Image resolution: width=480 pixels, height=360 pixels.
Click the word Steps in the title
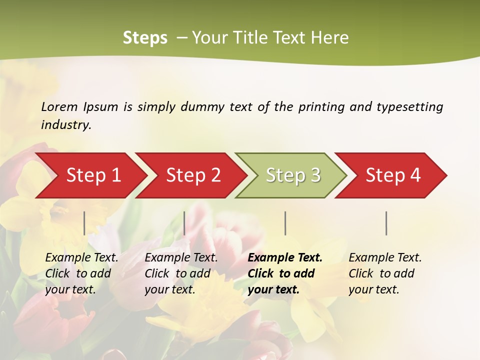145,38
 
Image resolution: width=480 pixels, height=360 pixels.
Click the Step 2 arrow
192,175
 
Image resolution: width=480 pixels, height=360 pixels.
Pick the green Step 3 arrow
292,175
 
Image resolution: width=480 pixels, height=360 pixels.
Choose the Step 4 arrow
393,175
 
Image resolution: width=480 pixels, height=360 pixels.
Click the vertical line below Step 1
84,223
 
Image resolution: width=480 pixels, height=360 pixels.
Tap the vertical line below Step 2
184,223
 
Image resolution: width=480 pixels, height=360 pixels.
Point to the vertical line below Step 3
285,223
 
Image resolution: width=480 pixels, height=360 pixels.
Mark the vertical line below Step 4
386,223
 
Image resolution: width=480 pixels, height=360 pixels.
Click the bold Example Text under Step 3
285,258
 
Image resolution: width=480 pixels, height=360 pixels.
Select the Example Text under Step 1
82,258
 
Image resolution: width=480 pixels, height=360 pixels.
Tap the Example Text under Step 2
181,258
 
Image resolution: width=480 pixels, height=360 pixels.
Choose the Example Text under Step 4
385,258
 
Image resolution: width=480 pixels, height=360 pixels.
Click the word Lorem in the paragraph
59,107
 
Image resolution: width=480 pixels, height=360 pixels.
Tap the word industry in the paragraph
65,125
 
